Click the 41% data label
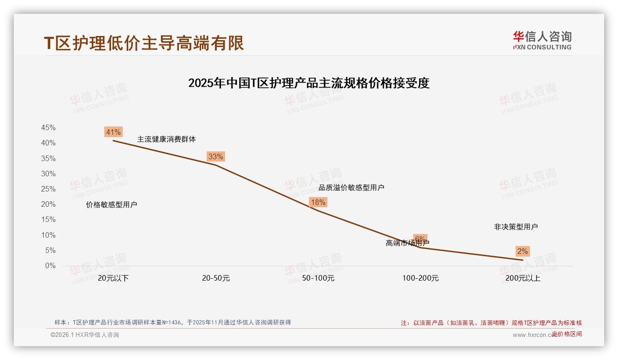pos(113,132)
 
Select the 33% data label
pos(215,156)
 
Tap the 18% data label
pos(318,202)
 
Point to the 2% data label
pos(522,251)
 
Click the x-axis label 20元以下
pos(113,278)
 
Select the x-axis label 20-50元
pos(215,278)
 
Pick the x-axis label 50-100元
pos(318,278)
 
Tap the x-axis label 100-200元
pos(420,278)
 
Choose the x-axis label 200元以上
pos(523,278)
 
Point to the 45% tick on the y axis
pos(48,128)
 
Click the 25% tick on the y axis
pos(48,189)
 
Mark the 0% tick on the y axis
pos(50,266)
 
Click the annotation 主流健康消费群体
pos(166,139)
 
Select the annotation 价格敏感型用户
pos(111,205)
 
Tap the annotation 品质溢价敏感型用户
pos(351,188)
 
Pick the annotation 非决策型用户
pos(516,227)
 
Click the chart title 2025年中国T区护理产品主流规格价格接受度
pos(309,83)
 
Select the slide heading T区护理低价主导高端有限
pos(144,43)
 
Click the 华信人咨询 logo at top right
pos(542,40)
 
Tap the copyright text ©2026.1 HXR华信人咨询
pos(84,335)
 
